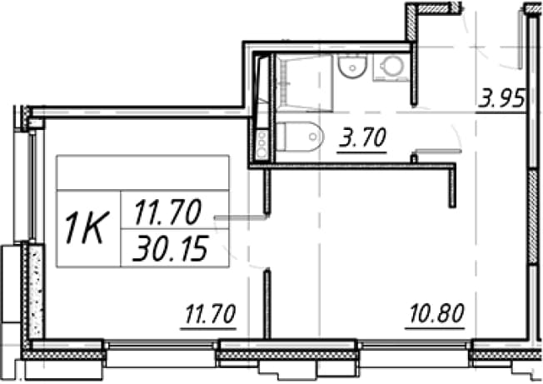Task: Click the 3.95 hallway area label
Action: (501, 99)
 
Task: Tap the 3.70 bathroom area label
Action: (362, 138)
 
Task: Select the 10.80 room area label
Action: (436, 314)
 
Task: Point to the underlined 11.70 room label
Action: (210, 315)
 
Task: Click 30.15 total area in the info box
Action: (170, 248)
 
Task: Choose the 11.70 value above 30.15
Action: (167, 212)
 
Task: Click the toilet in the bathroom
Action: (300, 136)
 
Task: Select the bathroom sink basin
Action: (352, 67)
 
